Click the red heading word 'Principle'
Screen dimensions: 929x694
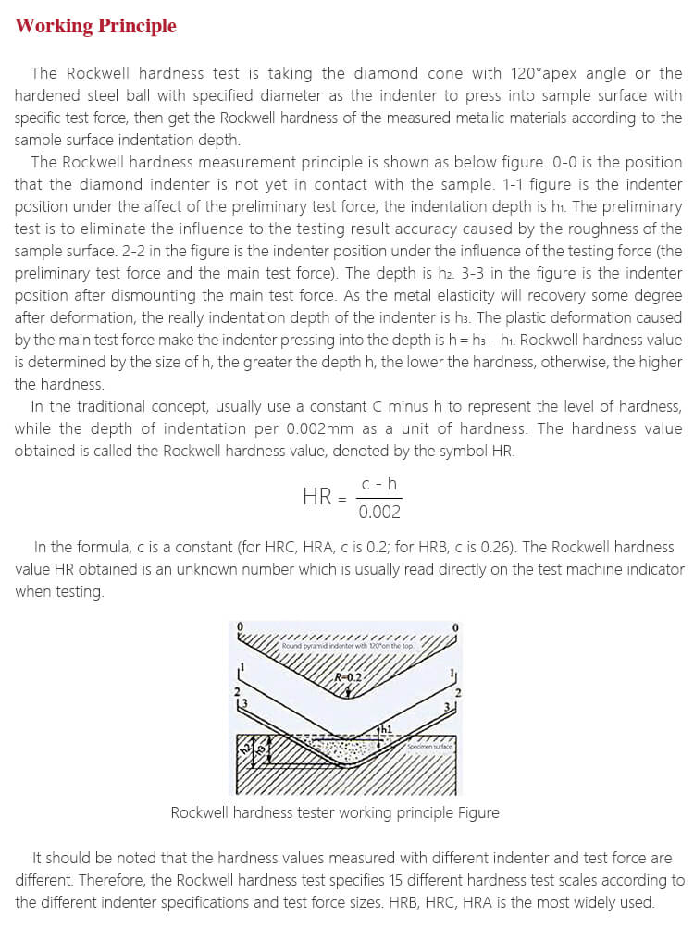132,26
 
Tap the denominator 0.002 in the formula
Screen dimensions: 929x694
379,513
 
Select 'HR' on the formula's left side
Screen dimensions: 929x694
317,496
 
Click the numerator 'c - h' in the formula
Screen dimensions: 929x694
379,482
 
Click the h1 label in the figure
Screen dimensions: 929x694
386,729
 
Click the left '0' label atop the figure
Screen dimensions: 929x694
241,627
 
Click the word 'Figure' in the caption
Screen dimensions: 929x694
478,812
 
